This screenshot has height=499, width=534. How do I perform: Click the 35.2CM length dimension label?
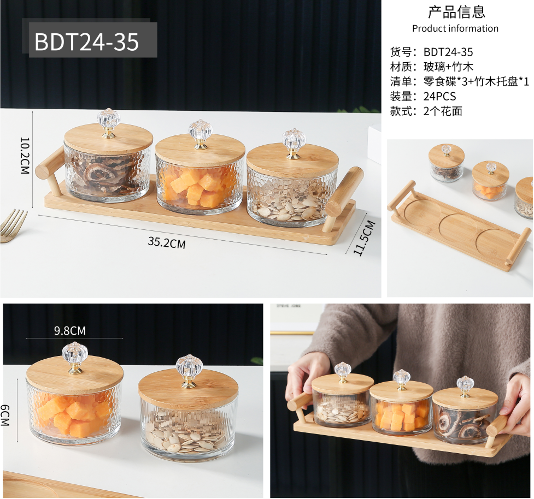pyautogui.click(x=167, y=243)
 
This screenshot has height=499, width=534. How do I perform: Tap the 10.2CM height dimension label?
pyautogui.click(x=25, y=156)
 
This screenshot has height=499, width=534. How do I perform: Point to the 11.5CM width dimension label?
pyautogui.click(x=363, y=238)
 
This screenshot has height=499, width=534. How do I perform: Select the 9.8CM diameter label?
pyautogui.click(x=70, y=331)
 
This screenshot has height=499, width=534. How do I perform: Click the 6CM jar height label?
pyautogui.click(x=5, y=415)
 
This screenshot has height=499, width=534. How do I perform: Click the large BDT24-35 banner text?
pyautogui.click(x=87, y=42)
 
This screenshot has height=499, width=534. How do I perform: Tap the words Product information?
pyautogui.click(x=455, y=28)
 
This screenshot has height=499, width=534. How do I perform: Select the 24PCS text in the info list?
pyautogui.click(x=439, y=96)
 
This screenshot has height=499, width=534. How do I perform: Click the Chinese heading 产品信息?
pyautogui.click(x=456, y=12)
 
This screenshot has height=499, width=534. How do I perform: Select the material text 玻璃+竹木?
pyautogui.click(x=448, y=67)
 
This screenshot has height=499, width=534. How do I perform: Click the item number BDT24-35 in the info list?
pyautogui.click(x=448, y=52)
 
